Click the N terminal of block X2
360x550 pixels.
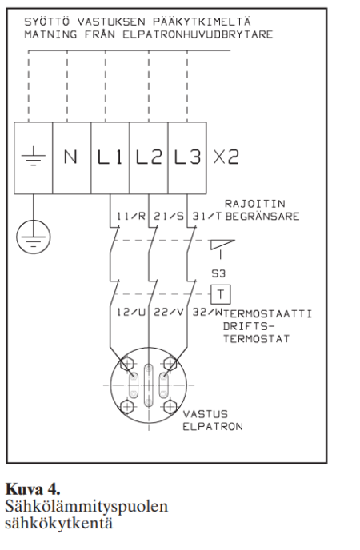coord(71,157)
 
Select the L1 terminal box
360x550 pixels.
coord(110,157)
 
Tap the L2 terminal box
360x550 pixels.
coord(149,157)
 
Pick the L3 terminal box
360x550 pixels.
coord(187,157)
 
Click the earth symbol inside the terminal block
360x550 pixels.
coord(34,157)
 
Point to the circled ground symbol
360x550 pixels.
coord(34,237)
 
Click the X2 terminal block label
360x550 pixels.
coord(226,157)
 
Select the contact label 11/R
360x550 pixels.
coord(131,216)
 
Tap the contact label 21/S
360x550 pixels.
coord(169,216)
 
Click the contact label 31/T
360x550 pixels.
coord(207,216)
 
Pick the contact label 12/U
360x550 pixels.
coord(131,312)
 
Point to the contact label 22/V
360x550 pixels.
coord(169,312)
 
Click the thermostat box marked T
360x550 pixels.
coord(221,294)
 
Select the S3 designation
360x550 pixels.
coord(218,273)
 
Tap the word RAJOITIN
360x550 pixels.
coord(254,204)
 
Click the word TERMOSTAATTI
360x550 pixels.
coord(267,313)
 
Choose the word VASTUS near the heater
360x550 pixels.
coord(206,414)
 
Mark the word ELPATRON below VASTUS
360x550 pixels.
coord(213,427)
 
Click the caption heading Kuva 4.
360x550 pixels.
coord(33,488)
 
